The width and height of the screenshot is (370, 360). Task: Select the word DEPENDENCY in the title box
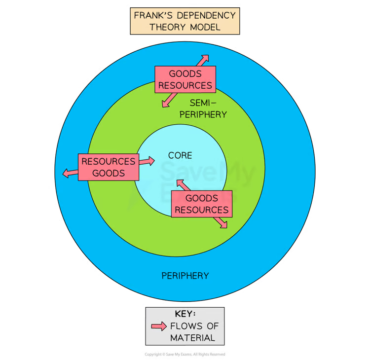(x=207, y=15)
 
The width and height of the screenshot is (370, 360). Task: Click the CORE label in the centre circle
(x=180, y=155)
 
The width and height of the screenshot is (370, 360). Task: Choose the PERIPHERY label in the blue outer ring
(x=185, y=275)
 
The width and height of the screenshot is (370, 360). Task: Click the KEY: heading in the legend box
(x=185, y=314)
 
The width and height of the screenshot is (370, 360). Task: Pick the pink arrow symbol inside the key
(x=159, y=326)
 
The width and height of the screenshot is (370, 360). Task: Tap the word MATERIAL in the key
(x=192, y=338)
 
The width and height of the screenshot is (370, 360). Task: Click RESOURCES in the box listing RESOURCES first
(x=108, y=161)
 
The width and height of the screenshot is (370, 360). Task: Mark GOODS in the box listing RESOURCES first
(x=108, y=173)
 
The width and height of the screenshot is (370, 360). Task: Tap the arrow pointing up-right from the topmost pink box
(x=202, y=60)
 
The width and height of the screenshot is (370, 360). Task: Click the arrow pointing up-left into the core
(x=182, y=185)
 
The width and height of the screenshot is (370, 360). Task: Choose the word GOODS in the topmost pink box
(x=185, y=74)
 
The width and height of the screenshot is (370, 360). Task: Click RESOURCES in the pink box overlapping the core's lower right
(x=202, y=210)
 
